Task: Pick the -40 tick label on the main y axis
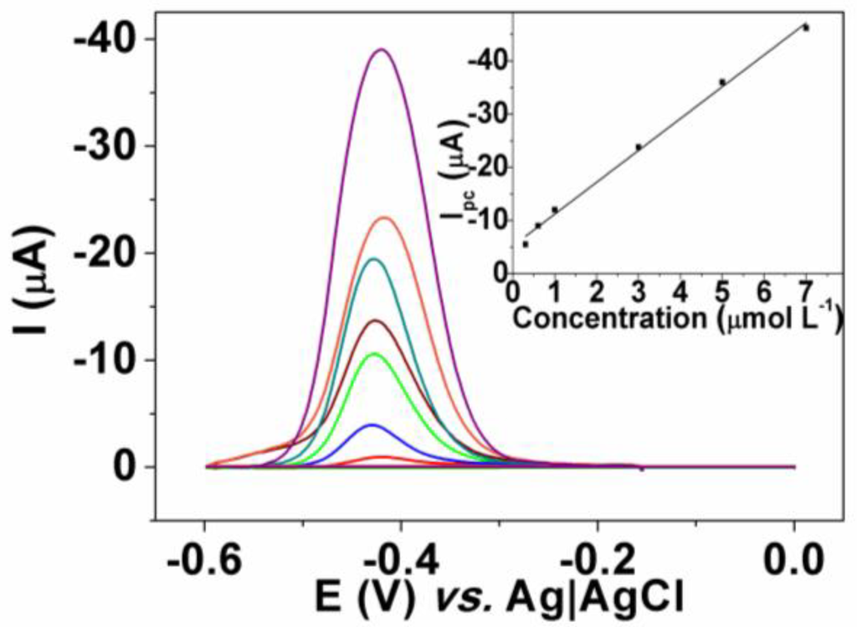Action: pos(103,39)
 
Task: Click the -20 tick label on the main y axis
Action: pos(103,253)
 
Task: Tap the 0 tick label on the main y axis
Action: pos(123,466)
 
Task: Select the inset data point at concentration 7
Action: pos(806,28)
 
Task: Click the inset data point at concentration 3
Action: pos(639,146)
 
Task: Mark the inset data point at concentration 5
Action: pos(722,82)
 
